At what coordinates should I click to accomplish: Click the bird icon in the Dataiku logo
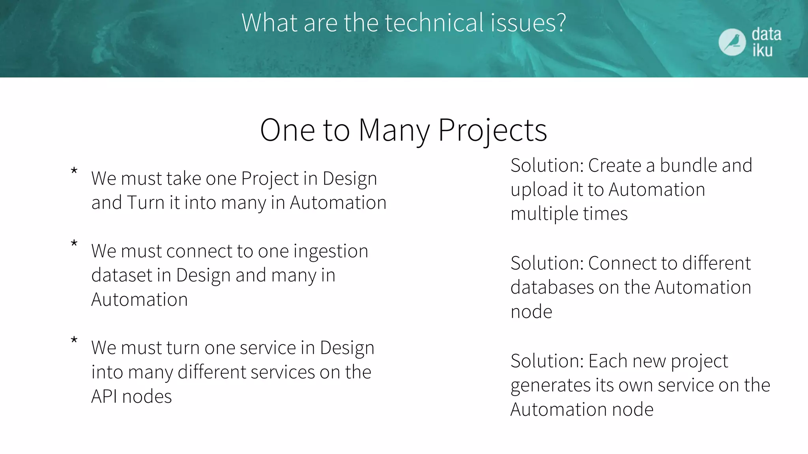click(732, 42)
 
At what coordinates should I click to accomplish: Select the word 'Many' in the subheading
click(394, 130)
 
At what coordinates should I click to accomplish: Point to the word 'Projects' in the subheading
click(492, 130)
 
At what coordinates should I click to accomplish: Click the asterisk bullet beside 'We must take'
click(74, 171)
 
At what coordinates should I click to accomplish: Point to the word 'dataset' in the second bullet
click(122, 275)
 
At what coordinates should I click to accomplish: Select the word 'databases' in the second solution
click(552, 287)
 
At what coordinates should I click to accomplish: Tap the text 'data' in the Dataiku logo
click(766, 34)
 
